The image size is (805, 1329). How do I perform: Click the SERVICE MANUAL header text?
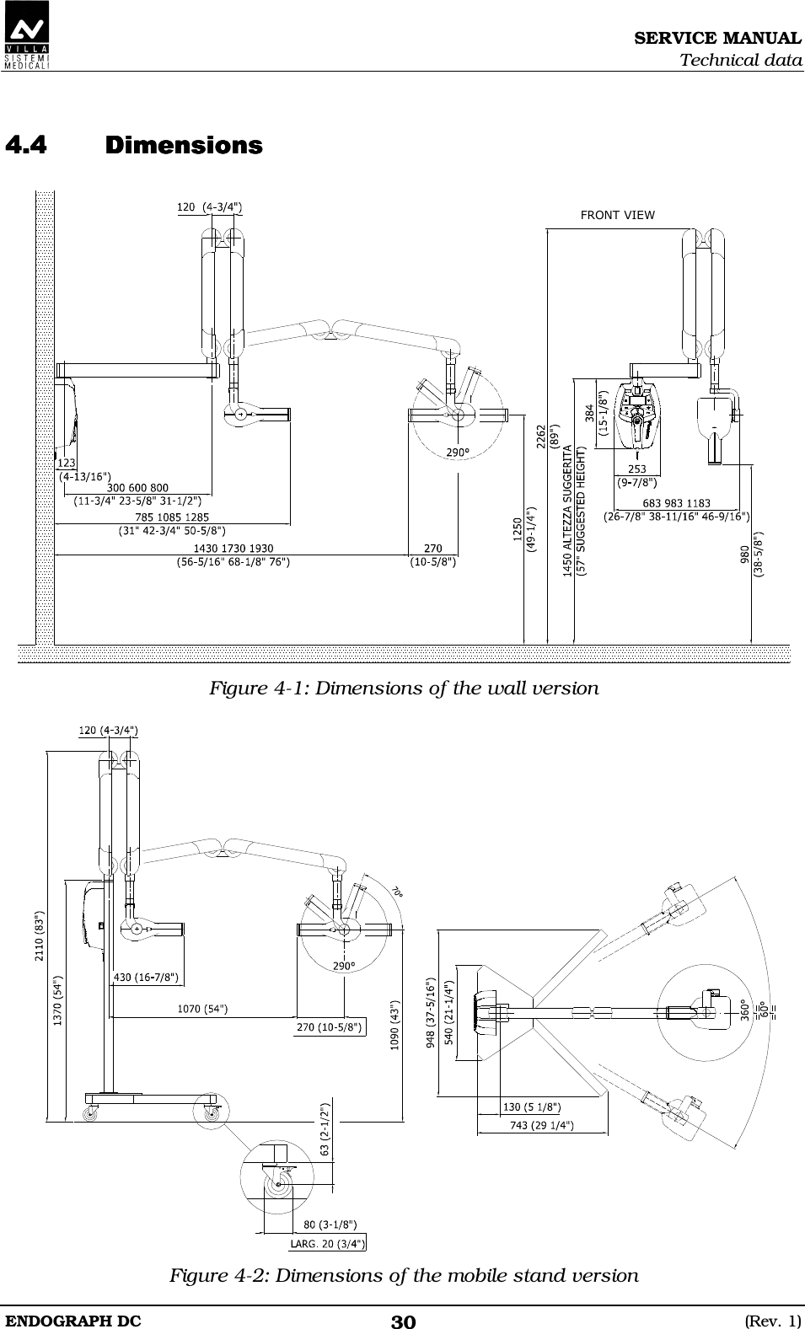717,38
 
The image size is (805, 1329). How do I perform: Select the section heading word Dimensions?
184,146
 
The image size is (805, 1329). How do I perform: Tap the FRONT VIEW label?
617,215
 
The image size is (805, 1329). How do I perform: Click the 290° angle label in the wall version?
458,453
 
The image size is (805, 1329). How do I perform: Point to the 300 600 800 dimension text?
138,487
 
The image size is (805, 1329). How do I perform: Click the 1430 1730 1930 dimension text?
233,549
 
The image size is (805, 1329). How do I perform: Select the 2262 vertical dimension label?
542,438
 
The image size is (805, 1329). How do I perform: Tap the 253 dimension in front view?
636,470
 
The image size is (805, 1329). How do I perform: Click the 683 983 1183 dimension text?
676,503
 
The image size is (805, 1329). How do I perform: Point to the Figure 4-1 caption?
404,689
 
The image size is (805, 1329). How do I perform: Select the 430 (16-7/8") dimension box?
145,978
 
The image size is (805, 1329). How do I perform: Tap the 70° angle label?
396,891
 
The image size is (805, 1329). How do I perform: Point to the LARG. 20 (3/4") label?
328,1242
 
